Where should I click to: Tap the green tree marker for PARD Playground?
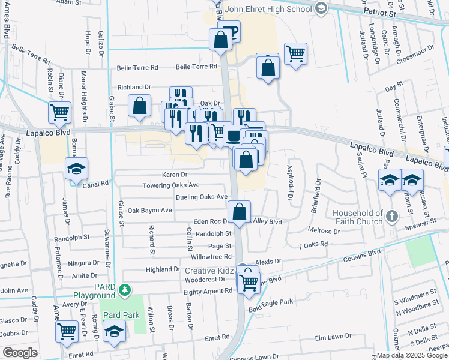[125, 291]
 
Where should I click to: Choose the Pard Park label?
[121, 315]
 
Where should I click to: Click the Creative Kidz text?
[208, 271]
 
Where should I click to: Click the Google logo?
[20, 353]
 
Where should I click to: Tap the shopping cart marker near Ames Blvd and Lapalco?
[60, 112]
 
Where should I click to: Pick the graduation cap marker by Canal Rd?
[77, 170]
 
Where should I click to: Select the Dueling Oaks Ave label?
[202, 197]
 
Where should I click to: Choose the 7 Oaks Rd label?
[313, 244]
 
